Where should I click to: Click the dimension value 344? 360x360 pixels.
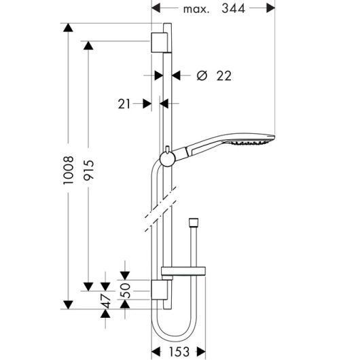point(233,9)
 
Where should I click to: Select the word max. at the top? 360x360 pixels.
point(196,10)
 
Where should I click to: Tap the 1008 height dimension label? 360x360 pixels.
point(69,170)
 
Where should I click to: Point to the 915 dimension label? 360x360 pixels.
point(88,170)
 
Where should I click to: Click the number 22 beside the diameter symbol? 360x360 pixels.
point(224,76)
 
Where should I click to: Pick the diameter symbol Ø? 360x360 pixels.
point(202,75)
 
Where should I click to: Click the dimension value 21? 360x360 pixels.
point(124,104)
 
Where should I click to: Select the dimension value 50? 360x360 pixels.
point(126,291)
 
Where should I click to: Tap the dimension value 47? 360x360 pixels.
point(106,300)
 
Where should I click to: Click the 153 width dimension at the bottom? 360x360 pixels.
point(179,351)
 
